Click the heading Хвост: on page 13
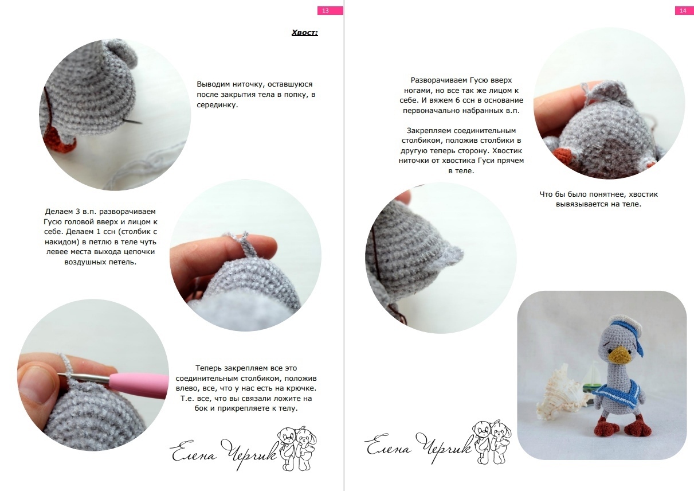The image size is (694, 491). tap(304, 33)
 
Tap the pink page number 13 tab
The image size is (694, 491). tap(330, 10)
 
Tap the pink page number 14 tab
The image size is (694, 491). tap(684, 10)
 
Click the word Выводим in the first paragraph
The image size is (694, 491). tap(213, 84)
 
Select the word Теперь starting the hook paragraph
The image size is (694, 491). tap(209, 368)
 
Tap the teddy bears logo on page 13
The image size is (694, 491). tap(296, 448)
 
